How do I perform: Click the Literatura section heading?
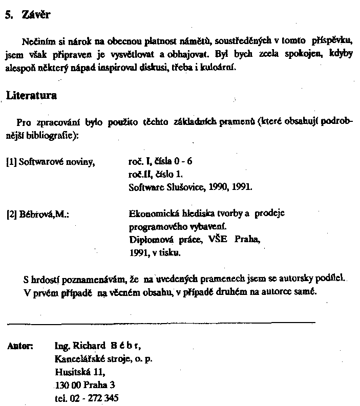point(31,96)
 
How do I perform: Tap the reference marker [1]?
point(11,162)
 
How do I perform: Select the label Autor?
point(20,346)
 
